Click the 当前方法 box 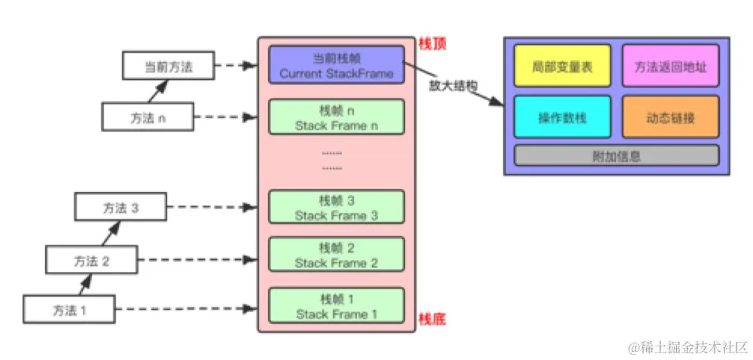[168, 66]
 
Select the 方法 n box [148, 117]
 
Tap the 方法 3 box [120, 207]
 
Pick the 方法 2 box [91, 260]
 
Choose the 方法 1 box [69, 309]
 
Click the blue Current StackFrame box [336, 66]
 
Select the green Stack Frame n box [336, 117]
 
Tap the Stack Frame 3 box [336, 208]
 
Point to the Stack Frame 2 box [336, 255]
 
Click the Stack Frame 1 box [336, 307]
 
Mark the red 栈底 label [432, 319]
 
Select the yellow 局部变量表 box [564, 66]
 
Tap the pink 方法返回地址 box [670, 66]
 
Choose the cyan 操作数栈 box [564, 117]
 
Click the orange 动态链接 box [670, 117]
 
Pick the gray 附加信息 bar [616, 155]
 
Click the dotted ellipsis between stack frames [331, 160]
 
